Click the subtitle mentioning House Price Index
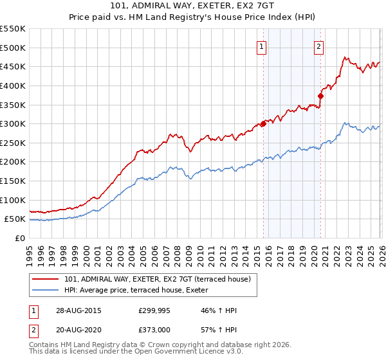(192, 18)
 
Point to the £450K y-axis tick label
(13, 66)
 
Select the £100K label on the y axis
(13, 200)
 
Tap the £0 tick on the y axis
(20, 238)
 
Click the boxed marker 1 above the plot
(262, 46)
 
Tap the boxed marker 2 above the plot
(319, 46)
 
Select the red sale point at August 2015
(263, 124)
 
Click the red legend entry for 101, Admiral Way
(161, 278)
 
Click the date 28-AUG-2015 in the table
(79, 310)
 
